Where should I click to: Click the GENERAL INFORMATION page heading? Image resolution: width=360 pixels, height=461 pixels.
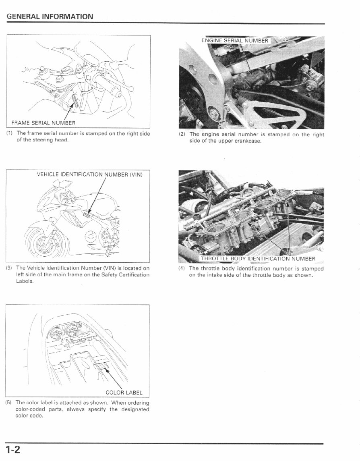pos(50,17)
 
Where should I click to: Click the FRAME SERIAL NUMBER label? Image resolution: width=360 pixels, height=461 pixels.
pos(43,123)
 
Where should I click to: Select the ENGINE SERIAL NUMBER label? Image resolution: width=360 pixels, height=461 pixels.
pos(235,40)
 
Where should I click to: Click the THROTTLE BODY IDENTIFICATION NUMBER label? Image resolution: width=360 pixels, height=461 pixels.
pos(258,258)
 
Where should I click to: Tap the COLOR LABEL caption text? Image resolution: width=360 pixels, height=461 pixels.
pos(124,392)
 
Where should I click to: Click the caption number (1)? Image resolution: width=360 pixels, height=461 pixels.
pos(9,133)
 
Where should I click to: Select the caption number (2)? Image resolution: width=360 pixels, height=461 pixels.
pos(182,135)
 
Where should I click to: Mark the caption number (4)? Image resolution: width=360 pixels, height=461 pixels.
pos(182,268)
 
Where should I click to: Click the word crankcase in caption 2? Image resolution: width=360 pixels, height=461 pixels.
pos(249,141)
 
